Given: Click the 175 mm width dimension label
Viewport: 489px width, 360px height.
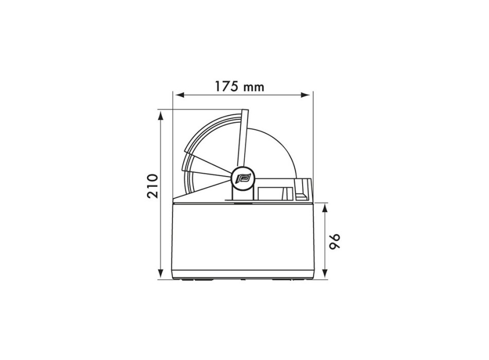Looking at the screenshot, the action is click(239, 86).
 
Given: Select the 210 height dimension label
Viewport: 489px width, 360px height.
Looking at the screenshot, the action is click(153, 186).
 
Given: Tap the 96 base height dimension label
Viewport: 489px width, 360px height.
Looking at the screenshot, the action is click(335, 241).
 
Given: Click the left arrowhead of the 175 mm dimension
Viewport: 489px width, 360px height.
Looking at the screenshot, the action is click(179, 95).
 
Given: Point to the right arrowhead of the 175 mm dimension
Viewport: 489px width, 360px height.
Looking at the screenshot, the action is click(306, 95).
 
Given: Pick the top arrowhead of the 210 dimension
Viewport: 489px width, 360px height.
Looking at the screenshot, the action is click(161, 116).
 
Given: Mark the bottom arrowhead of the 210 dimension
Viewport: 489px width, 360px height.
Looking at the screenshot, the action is click(161, 274).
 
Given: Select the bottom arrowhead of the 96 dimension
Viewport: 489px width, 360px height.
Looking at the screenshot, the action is click(325, 274).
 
